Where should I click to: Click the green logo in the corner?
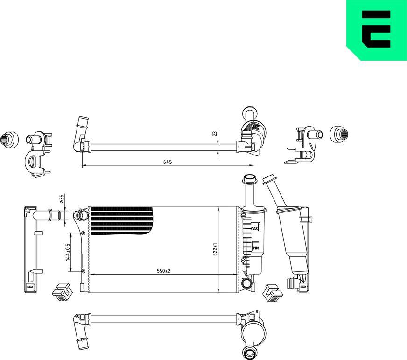376,30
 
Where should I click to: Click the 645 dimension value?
168,162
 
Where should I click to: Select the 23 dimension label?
215,133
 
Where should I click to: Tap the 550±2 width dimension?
164,271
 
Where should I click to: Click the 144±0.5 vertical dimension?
67,252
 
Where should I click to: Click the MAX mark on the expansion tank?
255,229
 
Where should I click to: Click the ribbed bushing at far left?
9,138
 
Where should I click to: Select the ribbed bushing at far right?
340,134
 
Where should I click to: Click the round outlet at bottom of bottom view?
248,353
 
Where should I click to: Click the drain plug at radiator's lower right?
246,282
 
